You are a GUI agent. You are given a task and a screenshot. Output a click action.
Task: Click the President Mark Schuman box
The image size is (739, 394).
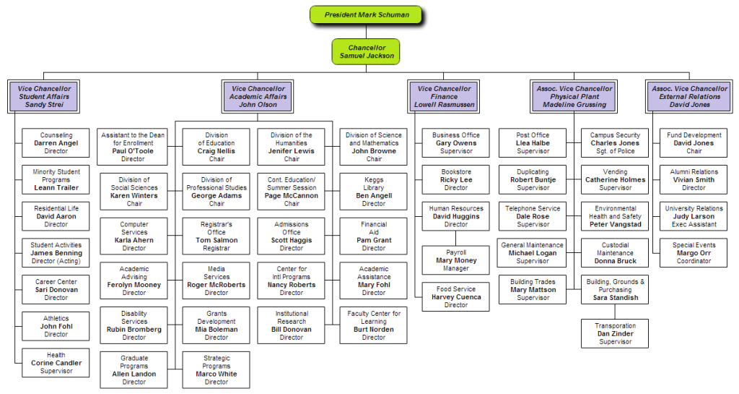click(366, 15)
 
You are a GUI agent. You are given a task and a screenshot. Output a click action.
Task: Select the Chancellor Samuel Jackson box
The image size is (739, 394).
click(367, 51)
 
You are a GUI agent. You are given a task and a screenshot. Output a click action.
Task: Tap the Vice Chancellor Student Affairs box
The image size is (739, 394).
click(45, 96)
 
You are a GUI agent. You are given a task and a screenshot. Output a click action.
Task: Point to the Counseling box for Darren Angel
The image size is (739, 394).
click(56, 143)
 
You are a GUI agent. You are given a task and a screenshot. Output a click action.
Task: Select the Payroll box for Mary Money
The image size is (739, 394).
click(456, 260)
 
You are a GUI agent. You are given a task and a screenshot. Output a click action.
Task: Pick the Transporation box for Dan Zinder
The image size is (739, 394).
click(615, 334)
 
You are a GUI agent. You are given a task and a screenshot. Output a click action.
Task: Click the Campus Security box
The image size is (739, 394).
click(615, 143)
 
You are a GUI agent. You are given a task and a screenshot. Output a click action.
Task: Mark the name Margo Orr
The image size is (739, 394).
click(694, 253)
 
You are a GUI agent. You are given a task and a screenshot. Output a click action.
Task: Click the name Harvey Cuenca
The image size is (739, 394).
click(456, 297)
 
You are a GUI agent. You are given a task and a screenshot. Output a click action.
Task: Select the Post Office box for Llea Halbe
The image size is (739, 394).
click(533, 143)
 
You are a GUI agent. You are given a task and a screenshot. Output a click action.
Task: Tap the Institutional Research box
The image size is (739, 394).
click(292, 325)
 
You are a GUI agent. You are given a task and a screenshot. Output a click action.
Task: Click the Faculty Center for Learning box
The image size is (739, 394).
click(374, 325)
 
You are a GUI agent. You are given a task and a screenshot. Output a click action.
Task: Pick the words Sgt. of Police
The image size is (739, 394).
click(615, 151)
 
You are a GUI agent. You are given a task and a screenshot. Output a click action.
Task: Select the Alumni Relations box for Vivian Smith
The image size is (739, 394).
click(694, 180)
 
